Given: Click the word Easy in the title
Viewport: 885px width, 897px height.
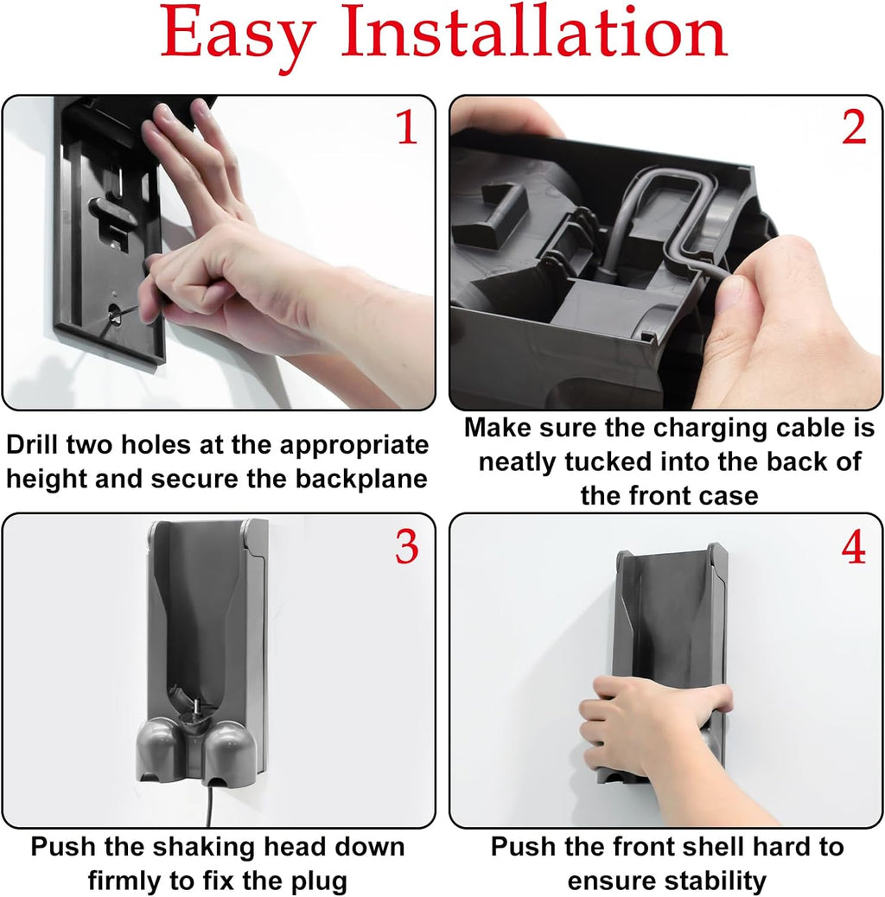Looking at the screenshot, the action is point(238,35).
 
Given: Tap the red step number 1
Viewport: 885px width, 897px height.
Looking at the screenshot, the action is point(407,126).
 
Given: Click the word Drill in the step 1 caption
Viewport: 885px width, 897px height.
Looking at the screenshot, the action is point(32,444).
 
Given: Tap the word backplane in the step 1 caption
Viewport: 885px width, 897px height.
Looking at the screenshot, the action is point(361,480).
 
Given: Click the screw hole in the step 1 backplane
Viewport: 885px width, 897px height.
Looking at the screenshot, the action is point(114,314).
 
